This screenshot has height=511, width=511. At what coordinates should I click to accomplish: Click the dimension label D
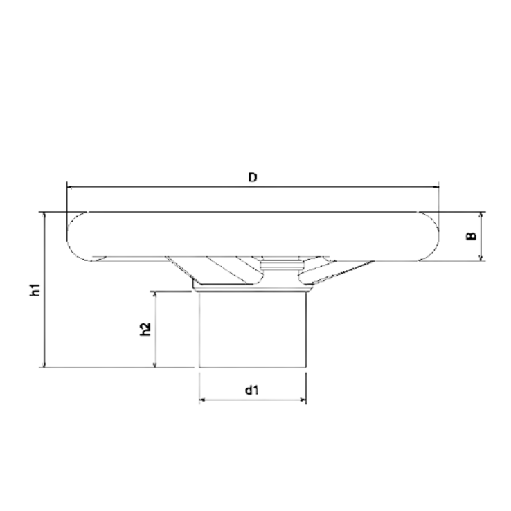(x=253, y=177)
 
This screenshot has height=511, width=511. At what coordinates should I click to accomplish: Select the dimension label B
(x=470, y=236)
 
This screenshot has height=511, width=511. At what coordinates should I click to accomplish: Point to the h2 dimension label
(x=145, y=330)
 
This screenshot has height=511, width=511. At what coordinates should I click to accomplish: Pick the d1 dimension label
(x=252, y=391)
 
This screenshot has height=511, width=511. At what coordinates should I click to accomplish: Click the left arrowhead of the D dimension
(x=70, y=186)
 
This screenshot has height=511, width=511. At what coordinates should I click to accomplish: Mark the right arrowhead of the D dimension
(x=436, y=186)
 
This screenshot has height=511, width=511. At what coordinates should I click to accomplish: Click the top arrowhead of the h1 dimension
(x=45, y=215)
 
